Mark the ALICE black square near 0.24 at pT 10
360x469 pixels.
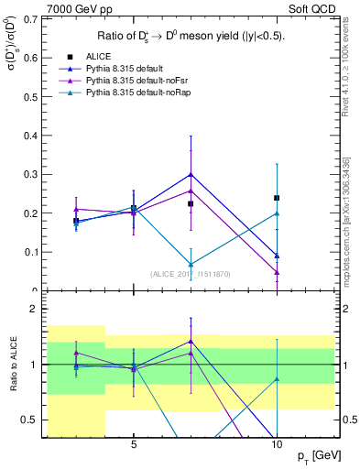[277, 198]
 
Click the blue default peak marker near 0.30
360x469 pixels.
[191, 174]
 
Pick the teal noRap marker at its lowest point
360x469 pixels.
[191, 265]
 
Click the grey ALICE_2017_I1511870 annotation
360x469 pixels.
[191, 273]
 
